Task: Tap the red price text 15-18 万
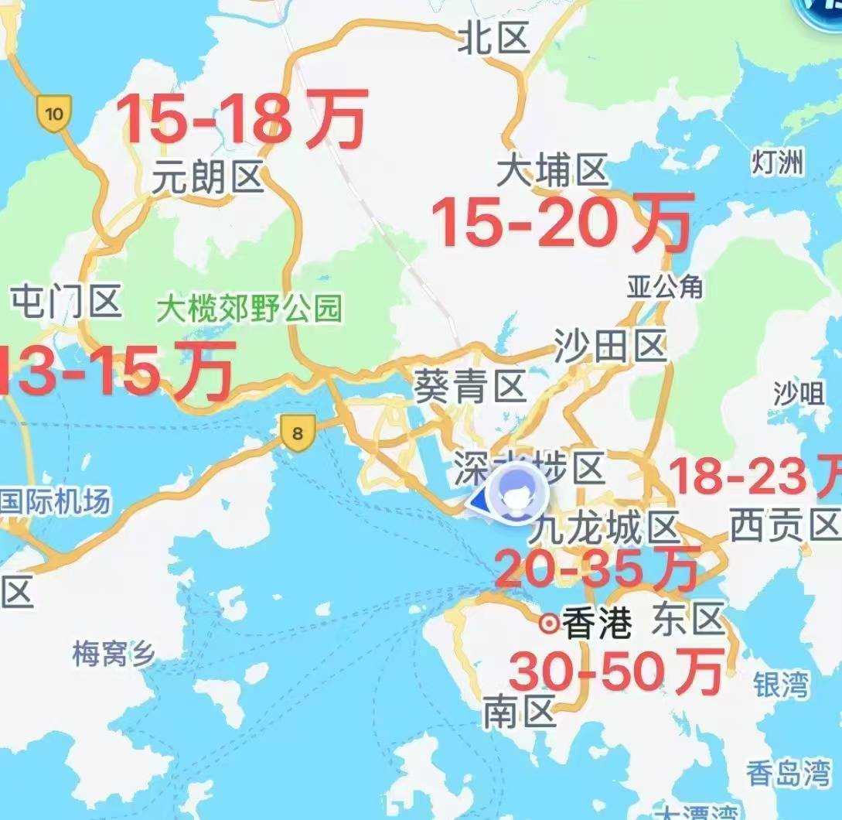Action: click(x=242, y=118)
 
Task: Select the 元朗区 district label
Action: click(x=207, y=179)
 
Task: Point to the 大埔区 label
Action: click(x=552, y=171)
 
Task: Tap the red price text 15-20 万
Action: click(x=561, y=221)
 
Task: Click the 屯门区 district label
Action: click(x=66, y=301)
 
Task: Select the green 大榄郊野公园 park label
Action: click(x=248, y=309)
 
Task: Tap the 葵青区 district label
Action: click(x=470, y=385)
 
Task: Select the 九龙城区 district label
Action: click(x=605, y=531)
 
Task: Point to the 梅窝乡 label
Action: click(x=114, y=654)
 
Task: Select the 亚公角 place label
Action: click(x=665, y=287)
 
